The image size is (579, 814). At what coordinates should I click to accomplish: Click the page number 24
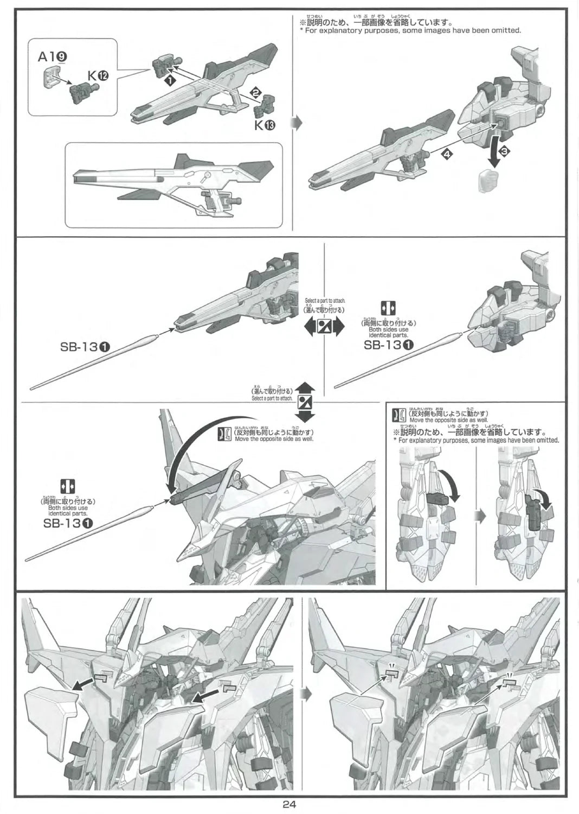coord(289,805)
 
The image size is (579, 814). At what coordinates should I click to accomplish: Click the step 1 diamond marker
coord(169,80)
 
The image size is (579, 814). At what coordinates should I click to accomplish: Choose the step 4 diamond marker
coord(446,155)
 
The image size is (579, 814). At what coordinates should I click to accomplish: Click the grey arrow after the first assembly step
coord(296,124)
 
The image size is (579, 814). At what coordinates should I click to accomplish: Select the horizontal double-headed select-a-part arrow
coord(324,327)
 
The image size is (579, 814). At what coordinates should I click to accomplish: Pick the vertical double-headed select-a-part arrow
coord(305,402)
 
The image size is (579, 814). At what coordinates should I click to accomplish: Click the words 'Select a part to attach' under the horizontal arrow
coord(324,301)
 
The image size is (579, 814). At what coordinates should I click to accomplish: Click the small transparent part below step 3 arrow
coord(487,179)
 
